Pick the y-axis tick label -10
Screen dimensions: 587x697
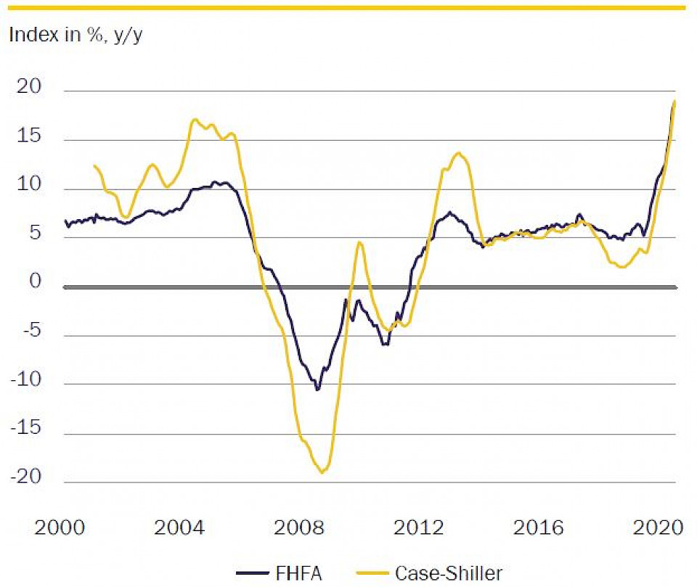(x=27, y=380)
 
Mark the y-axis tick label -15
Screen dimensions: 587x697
(x=27, y=430)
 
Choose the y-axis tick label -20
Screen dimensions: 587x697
(x=27, y=478)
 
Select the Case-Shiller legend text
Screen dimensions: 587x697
(x=448, y=573)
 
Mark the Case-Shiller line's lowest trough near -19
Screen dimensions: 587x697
(x=322, y=472)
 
